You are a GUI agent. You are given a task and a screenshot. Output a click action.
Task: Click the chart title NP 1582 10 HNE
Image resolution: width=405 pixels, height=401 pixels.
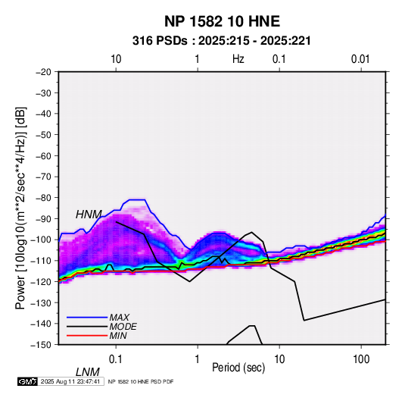coord(222,21)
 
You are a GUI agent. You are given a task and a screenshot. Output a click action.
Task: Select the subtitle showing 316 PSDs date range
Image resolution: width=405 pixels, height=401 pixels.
coord(222,41)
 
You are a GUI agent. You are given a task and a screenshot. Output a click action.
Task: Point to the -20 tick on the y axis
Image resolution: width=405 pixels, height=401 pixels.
coord(43,72)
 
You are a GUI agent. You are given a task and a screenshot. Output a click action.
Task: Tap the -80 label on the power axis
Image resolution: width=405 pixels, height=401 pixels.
coord(43,198)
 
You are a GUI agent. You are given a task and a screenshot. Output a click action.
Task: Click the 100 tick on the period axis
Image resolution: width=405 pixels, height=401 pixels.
coord(361,359)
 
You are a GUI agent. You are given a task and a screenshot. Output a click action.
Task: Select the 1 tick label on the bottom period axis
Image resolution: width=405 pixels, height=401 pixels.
coord(198,359)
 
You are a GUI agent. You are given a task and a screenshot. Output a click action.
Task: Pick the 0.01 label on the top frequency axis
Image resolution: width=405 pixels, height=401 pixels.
coord(360,59)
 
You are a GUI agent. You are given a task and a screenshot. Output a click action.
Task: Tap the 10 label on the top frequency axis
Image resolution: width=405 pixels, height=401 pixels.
coord(116,59)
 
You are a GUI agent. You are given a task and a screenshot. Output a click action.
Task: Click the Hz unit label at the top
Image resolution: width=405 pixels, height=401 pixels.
coord(238,59)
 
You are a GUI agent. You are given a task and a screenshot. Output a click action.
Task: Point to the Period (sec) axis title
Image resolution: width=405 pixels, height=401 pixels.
coord(238,368)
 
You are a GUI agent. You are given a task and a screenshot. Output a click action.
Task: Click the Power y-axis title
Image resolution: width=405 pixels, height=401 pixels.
coord(20,208)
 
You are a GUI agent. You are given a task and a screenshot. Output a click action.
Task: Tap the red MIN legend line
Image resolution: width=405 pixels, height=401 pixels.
coord(87,336)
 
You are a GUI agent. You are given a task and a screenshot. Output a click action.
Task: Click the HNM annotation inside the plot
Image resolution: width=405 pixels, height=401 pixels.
coord(89,215)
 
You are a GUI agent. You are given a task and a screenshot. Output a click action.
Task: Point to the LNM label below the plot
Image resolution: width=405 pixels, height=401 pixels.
coord(87,372)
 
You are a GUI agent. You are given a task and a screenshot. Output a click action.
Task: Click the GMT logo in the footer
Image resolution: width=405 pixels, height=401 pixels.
coord(28,381)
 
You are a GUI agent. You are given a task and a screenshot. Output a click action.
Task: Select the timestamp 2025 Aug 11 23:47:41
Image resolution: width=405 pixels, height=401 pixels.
coord(70,381)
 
